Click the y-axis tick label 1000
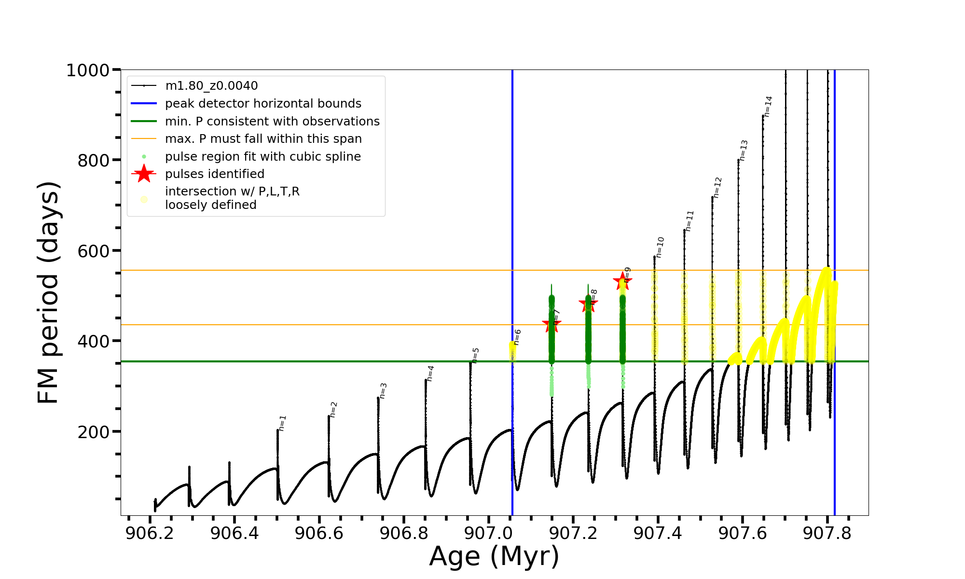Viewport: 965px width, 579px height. [88, 70]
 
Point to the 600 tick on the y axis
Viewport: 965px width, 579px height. [94, 251]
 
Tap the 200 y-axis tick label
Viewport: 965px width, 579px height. [94, 432]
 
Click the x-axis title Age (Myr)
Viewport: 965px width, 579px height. [494, 556]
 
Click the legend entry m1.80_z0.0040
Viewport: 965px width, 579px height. [211, 86]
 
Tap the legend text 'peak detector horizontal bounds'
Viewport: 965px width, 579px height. [263, 104]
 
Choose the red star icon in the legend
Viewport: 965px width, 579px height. [144, 174]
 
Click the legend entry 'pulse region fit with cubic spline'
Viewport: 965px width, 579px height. [262, 157]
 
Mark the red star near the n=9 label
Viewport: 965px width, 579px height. [622, 281]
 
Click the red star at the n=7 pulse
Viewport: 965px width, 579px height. [551, 324]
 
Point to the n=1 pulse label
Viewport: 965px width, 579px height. [282, 423]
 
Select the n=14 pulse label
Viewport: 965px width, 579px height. [768, 106]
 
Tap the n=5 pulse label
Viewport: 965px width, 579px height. [475, 355]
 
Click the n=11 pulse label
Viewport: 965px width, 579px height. [689, 221]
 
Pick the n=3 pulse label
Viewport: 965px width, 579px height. [383, 390]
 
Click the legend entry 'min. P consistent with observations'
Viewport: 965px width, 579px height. [272, 122]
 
